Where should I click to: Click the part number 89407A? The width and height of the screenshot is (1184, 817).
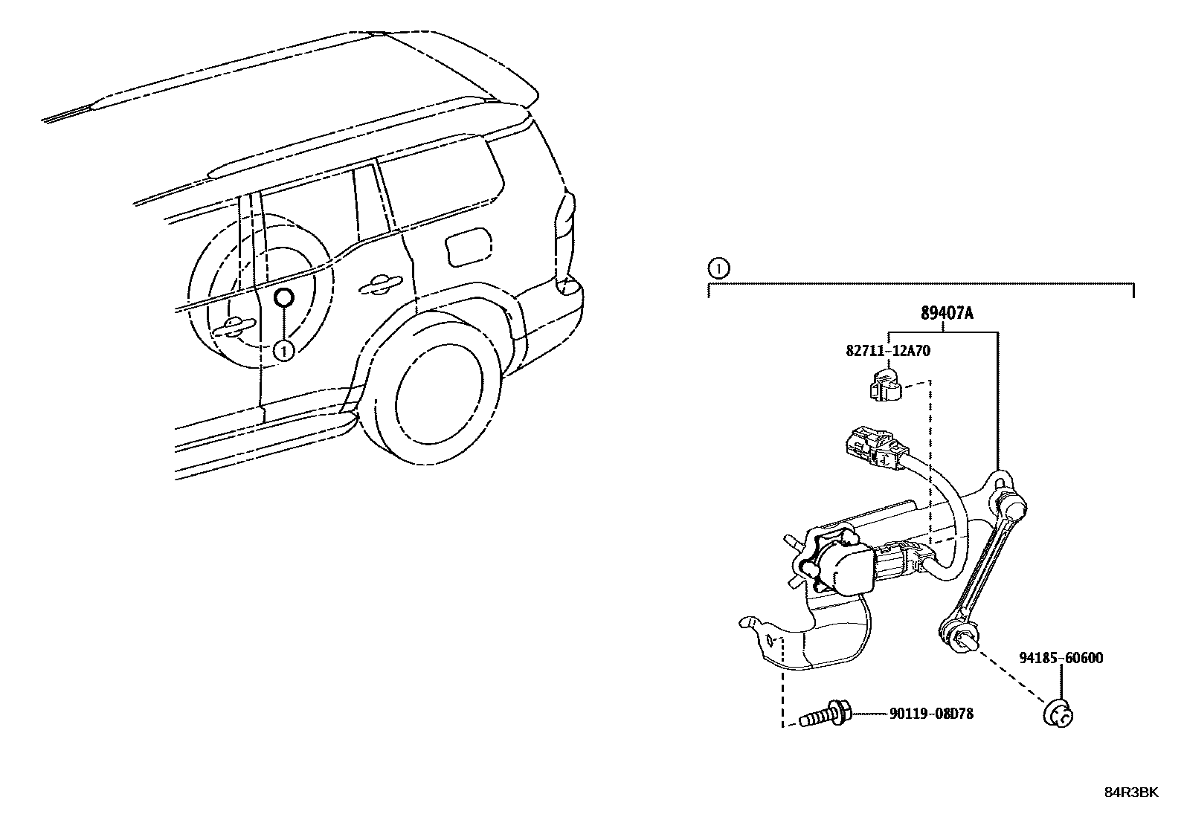(946, 314)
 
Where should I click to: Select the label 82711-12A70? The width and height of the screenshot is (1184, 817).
(887, 352)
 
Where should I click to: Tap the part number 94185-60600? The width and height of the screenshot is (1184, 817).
(1061, 658)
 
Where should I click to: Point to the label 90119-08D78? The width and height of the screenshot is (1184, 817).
(931, 714)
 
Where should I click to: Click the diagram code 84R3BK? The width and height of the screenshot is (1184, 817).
(1130, 792)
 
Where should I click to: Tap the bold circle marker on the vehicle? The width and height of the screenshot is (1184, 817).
(284, 299)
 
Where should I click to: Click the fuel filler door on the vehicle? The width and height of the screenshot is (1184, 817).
(466, 246)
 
